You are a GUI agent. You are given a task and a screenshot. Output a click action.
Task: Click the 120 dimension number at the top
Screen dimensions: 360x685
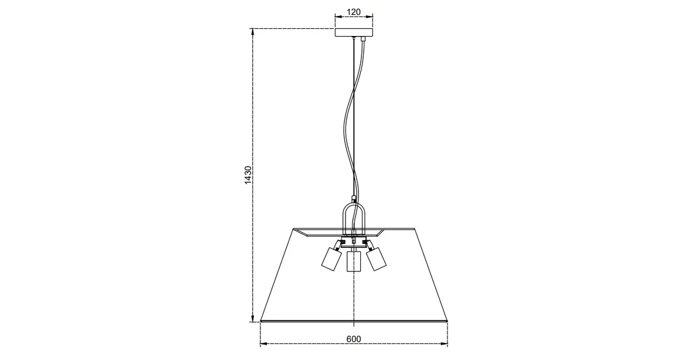353,12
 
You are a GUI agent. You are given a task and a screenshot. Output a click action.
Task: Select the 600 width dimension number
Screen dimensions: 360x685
353,339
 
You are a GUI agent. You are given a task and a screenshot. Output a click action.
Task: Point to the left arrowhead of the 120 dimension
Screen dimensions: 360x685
337,17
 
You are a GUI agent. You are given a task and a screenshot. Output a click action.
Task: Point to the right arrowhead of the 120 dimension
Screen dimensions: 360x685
371,17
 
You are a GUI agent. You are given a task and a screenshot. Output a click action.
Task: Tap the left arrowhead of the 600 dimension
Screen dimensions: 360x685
263,343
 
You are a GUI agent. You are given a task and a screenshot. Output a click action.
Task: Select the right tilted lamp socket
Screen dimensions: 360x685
376,258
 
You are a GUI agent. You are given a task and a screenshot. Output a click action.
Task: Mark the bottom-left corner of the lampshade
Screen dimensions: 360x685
260,322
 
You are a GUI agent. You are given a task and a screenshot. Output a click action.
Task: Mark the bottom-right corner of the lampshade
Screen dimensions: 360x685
447,322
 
